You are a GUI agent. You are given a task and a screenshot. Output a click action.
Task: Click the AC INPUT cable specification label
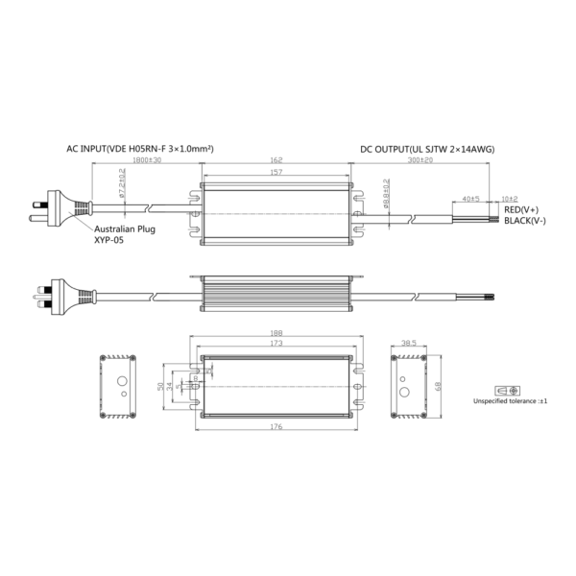(x=139, y=150)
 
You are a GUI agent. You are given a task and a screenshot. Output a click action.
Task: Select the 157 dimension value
(x=276, y=173)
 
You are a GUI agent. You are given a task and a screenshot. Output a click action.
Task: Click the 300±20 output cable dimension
(x=420, y=162)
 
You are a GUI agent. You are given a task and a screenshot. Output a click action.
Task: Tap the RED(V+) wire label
(x=521, y=209)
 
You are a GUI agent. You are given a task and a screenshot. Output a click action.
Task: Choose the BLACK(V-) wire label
(x=524, y=221)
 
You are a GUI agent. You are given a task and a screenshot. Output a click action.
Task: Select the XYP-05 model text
(x=108, y=242)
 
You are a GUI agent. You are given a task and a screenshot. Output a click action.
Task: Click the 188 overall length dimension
(x=276, y=335)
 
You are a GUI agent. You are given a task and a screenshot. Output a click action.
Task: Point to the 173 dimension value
(x=276, y=344)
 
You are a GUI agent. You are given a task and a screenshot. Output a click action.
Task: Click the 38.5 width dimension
(x=407, y=343)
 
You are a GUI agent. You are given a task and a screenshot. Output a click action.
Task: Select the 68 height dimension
(x=438, y=387)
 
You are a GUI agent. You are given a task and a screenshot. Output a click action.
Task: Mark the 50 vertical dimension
(x=158, y=386)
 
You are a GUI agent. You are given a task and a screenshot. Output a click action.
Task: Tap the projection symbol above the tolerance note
(x=507, y=391)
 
